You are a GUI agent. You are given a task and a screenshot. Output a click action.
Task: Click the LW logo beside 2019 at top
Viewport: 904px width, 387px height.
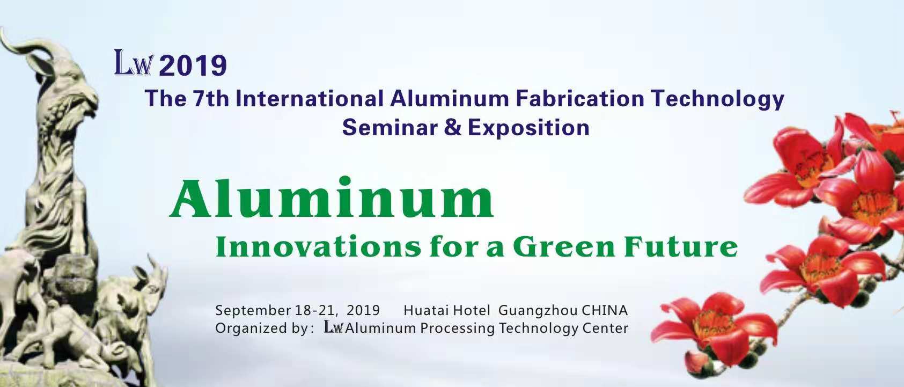[134, 63]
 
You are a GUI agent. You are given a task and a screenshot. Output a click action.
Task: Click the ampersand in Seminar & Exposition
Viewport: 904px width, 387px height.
[453, 128]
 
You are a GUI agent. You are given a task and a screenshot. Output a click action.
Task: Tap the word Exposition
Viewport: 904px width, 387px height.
[528, 128]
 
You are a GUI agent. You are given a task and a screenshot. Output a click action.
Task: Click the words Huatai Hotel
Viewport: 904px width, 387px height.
[447, 310]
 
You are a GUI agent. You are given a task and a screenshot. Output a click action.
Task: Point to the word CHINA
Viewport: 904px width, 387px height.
[605, 310]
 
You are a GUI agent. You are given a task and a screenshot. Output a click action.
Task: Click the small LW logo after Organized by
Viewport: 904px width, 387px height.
[333, 327]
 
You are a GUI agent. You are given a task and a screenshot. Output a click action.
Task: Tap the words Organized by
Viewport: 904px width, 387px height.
[261, 328]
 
